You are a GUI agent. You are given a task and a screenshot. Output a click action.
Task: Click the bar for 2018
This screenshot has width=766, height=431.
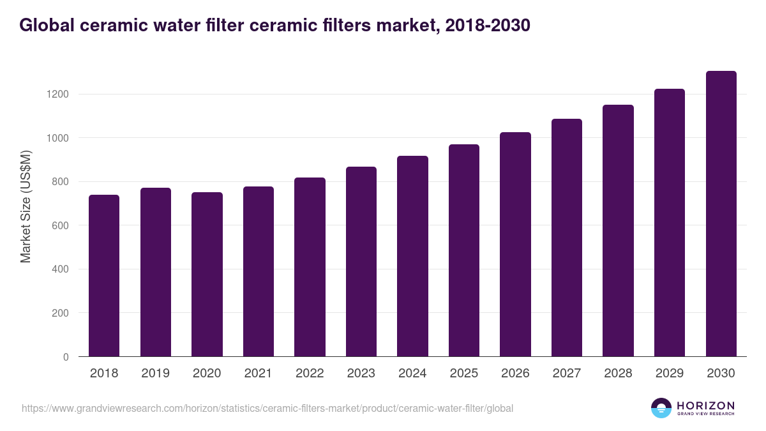coord(104,276)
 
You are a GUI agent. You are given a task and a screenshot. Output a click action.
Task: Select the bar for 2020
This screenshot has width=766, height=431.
coord(207,275)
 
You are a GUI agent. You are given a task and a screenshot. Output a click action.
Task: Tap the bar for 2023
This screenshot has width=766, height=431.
coord(361,262)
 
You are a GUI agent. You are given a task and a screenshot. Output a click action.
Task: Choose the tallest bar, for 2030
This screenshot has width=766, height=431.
coord(721,214)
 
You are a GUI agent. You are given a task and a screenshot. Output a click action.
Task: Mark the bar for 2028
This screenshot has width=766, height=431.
coord(618,231)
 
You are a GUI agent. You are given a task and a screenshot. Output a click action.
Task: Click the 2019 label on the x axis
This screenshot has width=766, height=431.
coord(155,374)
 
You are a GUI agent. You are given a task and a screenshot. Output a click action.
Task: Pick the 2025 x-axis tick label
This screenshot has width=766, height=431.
coord(463,374)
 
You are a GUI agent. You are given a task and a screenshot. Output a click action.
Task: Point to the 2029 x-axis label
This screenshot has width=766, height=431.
coord(669,374)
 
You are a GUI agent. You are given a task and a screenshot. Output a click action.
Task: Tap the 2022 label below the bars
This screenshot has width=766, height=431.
coord(310,374)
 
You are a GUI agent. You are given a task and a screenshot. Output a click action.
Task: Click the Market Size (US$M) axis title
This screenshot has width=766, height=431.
coord(26,206)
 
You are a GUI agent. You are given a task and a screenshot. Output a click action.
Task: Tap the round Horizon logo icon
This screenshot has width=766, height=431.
coord(661,408)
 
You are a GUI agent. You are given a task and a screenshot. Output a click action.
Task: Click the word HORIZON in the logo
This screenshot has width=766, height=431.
coord(705,405)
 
